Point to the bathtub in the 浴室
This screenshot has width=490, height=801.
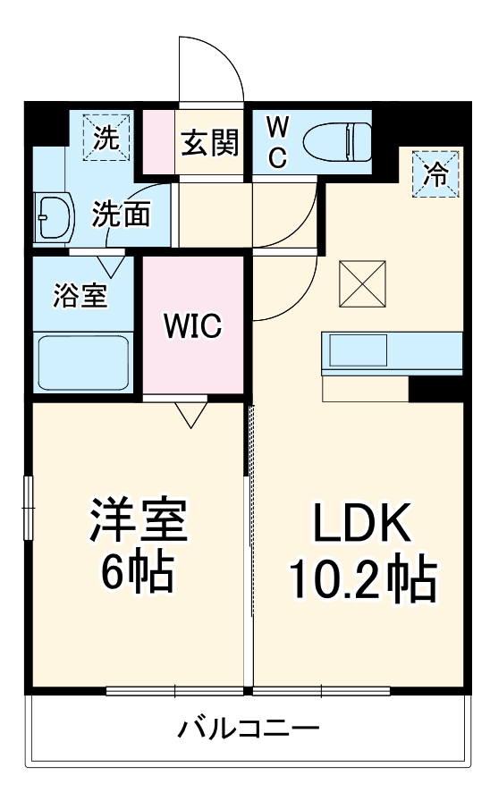(x=83, y=361)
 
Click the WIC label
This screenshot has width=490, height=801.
(x=191, y=326)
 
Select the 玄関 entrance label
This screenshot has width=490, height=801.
(x=211, y=142)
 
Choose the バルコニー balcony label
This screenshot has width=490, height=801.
(x=247, y=729)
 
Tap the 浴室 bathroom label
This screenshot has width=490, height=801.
(x=80, y=296)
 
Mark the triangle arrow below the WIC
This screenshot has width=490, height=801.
(x=190, y=412)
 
